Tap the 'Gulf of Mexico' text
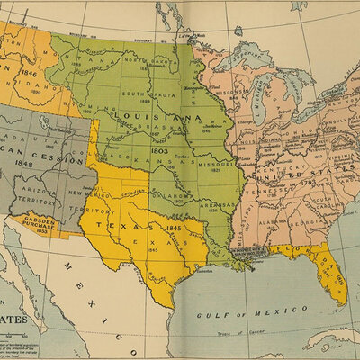pos(240,314)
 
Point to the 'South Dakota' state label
pos(148,94)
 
